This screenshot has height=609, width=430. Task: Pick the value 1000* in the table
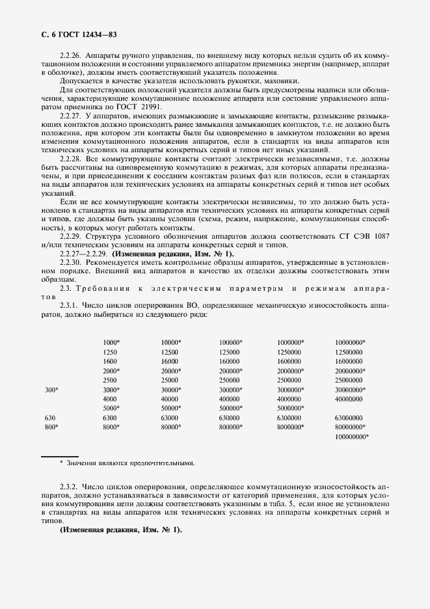(x=111, y=342)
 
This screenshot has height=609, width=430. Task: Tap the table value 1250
(x=110, y=352)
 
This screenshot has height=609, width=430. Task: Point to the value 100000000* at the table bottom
(x=352, y=437)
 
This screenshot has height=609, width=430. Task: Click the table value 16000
(x=169, y=361)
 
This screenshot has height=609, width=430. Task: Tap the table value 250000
(x=229, y=380)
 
